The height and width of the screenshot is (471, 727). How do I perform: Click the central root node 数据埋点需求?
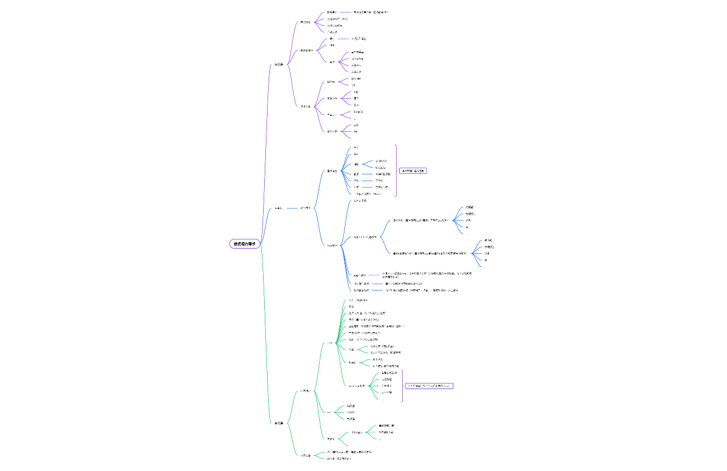(245, 244)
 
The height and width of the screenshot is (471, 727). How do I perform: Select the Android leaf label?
(356, 78)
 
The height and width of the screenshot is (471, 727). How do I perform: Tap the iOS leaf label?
(353, 85)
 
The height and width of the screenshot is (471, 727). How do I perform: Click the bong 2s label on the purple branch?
(358, 112)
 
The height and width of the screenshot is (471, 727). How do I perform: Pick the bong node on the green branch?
(357, 432)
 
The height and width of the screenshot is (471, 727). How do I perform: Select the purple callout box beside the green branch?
(429, 386)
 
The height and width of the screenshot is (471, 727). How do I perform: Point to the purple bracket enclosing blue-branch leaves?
(396, 170)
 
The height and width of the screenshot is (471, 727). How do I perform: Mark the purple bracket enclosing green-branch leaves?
(402, 386)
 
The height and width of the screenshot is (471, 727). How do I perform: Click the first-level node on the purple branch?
(279, 64)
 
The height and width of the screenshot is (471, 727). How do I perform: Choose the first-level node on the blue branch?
(279, 208)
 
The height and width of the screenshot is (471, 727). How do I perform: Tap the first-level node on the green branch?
(279, 423)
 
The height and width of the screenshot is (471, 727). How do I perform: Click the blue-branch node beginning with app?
(360, 275)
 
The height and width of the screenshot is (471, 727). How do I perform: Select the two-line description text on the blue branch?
(427, 275)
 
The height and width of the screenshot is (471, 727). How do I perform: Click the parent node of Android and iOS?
(331, 82)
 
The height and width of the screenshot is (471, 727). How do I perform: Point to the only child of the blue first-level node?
(306, 208)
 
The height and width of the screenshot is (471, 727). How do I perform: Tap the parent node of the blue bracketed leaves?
(332, 170)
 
